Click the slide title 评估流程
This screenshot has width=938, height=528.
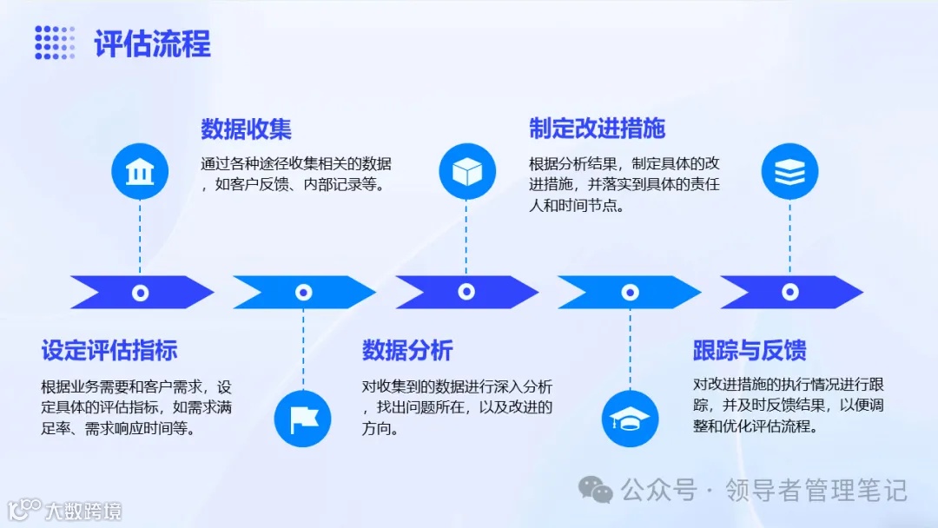[x=152, y=44]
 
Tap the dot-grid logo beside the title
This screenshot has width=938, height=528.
[x=55, y=43]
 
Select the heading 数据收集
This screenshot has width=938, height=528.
[x=246, y=129]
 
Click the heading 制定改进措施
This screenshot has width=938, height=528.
[x=597, y=129]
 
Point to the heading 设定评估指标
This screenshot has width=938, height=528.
[x=109, y=351]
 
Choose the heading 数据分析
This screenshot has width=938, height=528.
[x=407, y=351]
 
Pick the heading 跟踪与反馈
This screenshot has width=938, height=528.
[x=750, y=351]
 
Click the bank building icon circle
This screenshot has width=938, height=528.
[x=139, y=172]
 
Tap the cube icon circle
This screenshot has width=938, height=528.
[x=466, y=172]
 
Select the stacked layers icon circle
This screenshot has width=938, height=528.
[x=789, y=172]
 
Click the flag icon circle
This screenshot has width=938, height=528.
[x=303, y=419]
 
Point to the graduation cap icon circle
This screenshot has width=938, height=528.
[x=630, y=419]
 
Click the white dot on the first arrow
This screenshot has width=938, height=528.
[x=140, y=293]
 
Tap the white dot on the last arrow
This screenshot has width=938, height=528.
[x=790, y=293]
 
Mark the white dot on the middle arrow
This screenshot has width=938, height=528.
[x=466, y=293]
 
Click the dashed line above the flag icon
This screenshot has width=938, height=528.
[x=303, y=347]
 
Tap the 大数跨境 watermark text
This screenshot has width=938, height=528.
[x=83, y=510]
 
